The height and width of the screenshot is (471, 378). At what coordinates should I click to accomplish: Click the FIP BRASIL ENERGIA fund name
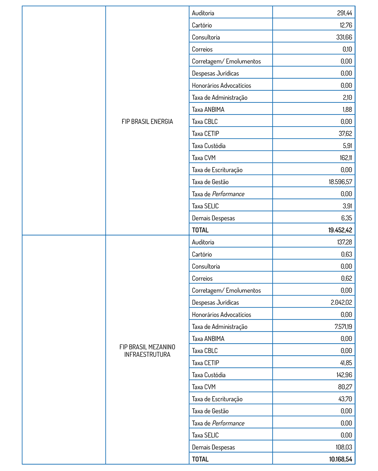tap(147, 121)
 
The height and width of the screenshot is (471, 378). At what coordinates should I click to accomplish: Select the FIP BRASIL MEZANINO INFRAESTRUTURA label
tap(147, 350)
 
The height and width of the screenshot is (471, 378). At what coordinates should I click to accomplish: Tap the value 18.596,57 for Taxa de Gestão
tap(340, 182)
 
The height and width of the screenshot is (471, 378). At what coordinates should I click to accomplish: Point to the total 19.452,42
tap(340, 230)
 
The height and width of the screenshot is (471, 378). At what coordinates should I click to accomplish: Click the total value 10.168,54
tap(340, 459)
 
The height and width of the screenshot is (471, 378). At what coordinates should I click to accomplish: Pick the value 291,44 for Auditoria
tap(344, 13)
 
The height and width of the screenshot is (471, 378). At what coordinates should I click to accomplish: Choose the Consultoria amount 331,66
tap(344, 37)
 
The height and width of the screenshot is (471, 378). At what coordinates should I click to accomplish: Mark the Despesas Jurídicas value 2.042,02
tap(341, 302)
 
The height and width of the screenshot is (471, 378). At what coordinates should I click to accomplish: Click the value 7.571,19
tap(343, 327)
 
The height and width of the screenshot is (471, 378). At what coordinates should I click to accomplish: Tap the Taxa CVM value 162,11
tap(345, 158)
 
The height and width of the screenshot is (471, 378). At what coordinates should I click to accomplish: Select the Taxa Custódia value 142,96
tap(344, 375)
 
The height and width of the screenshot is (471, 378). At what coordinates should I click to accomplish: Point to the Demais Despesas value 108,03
tap(344, 447)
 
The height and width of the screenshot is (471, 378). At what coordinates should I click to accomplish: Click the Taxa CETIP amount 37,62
tap(345, 133)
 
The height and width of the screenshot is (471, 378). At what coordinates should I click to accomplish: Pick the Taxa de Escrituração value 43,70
tap(345, 399)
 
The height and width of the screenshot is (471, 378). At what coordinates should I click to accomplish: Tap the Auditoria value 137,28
tap(344, 242)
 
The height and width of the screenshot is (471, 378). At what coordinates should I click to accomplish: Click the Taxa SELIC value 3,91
tap(347, 206)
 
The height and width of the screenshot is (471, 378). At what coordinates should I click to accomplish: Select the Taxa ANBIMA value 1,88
tap(347, 109)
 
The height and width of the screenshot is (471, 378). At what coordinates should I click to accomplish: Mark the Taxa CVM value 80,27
tap(345, 387)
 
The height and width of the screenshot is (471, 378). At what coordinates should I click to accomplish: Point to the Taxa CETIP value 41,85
tap(345, 363)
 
